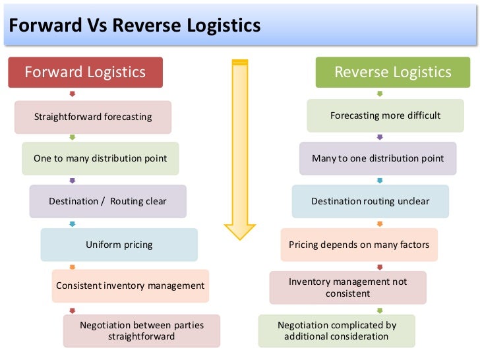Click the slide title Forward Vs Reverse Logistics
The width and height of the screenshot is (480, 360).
(135, 26)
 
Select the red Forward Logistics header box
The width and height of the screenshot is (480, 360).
(85, 73)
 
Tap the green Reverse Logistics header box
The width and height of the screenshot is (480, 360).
(393, 73)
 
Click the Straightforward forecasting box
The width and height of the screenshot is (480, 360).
(93, 117)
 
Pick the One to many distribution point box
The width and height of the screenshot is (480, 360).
(100, 159)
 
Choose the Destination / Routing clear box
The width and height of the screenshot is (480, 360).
(108, 201)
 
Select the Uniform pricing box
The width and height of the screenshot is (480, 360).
(119, 245)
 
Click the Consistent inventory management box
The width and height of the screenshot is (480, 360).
(131, 286)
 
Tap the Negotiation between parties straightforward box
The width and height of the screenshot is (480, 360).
(142, 331)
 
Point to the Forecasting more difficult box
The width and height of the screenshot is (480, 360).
(385, 116)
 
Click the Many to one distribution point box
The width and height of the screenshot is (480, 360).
(378, 159)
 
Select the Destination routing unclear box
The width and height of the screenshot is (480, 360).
(370, 201)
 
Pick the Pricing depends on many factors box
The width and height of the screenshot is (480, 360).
(359, 245)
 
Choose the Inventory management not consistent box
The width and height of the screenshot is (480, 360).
(347, 287)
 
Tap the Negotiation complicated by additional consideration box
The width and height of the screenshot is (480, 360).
(336, 331)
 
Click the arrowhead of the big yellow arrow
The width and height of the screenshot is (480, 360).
(239, 231)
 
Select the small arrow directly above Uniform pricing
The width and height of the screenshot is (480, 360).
(73, 223)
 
